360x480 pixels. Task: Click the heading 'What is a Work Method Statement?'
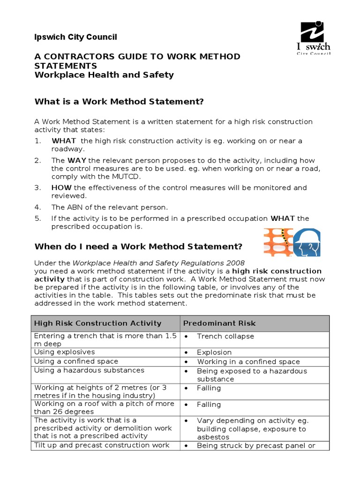(x=120, y=102)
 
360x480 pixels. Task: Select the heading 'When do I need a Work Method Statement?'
(x=138, y=247)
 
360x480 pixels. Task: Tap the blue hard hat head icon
(x=309, y=242)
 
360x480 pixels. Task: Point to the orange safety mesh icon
(x=278, y=242)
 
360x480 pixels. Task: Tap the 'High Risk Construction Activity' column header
(x=97, y=323)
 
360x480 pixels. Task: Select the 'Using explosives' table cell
(x=64, y=352)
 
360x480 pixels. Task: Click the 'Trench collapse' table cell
(x=225, y=336)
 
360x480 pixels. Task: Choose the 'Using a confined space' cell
(x=76, y=361)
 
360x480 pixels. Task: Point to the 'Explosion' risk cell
(x=214, y=352)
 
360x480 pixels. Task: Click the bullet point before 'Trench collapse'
(x=187, y=337)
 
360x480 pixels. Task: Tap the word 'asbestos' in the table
(x=214, y=437)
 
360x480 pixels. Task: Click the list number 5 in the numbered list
(x=37, y=218)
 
